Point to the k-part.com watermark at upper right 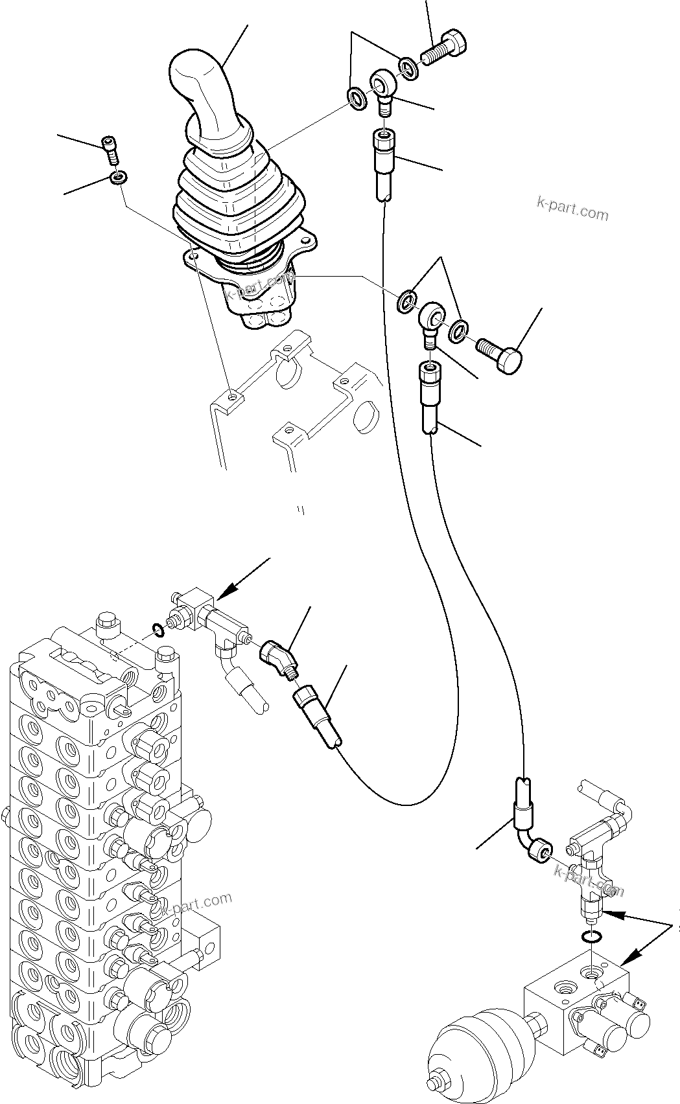point(572,209)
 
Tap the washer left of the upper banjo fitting point(356,98)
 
